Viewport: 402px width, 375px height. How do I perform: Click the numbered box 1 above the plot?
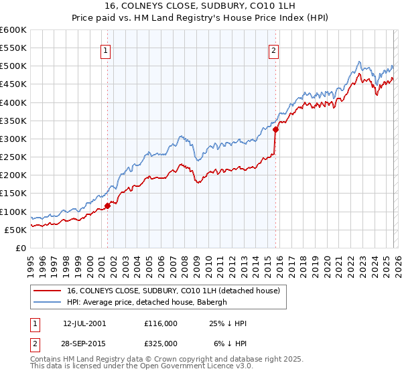coord(106,49)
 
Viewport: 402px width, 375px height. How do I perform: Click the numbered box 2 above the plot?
coord(275,49)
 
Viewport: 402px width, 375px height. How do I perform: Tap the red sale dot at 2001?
coord(107,206)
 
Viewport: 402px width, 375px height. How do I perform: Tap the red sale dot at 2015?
coord(275,130)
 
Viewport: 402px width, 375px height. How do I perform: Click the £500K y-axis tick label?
coord(13,66)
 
